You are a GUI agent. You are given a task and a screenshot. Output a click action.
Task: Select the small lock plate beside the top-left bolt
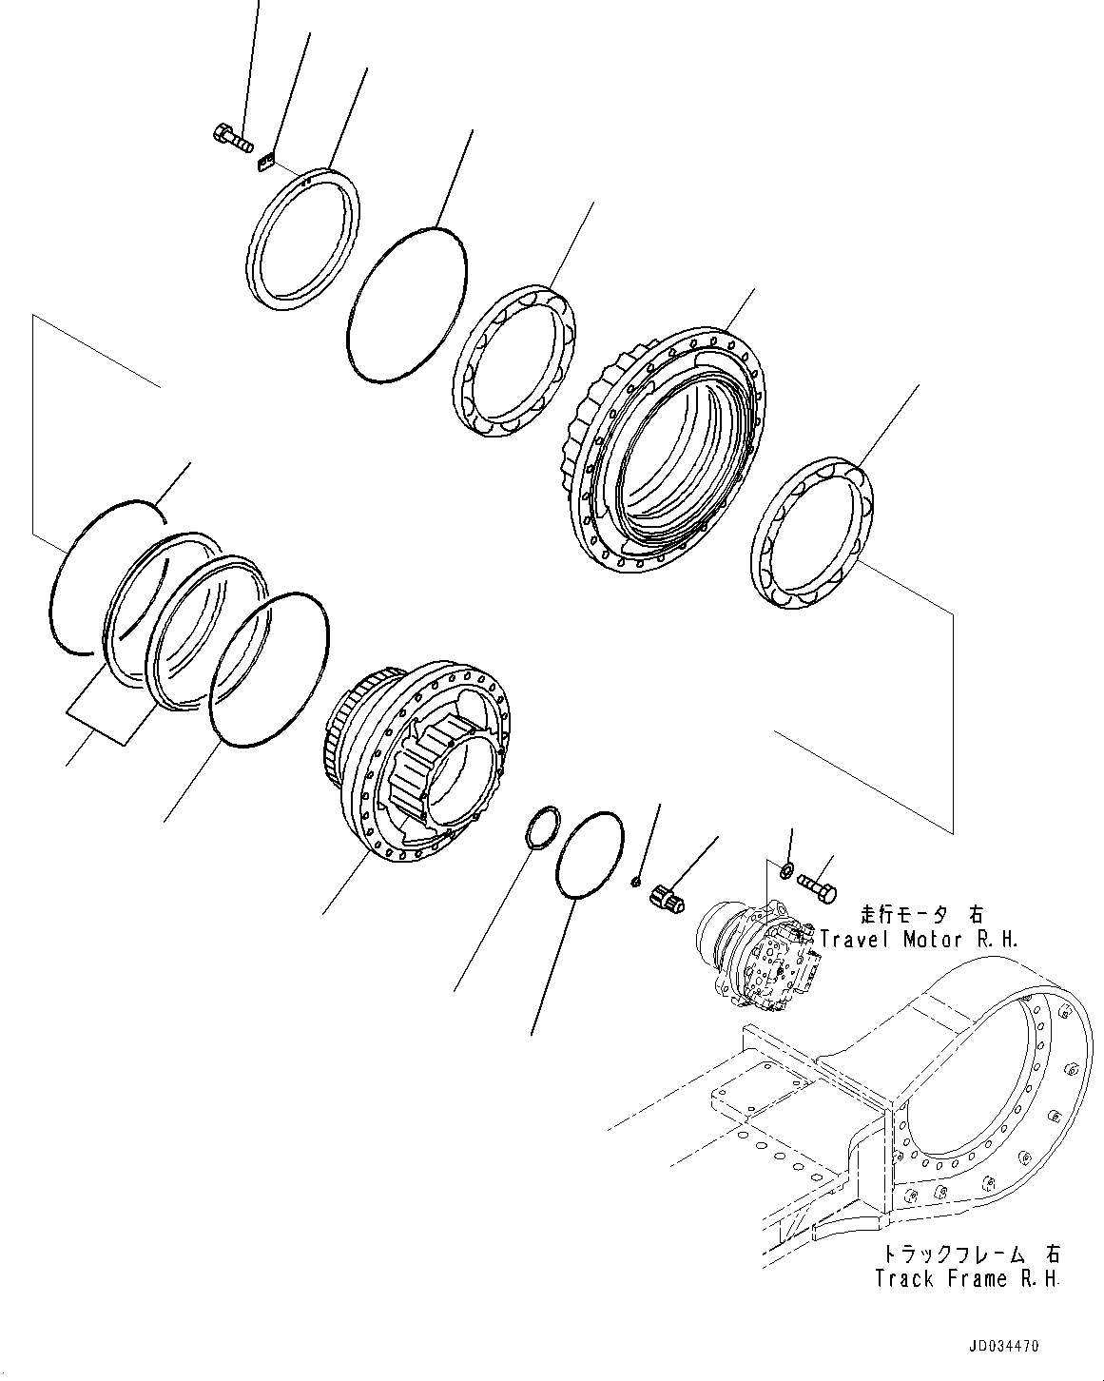coord(265,163)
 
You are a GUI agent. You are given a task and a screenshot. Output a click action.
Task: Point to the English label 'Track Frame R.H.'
coord(967,1279)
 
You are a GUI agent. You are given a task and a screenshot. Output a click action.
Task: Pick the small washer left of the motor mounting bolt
coord(786,870)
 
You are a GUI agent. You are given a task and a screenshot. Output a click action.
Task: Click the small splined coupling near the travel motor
coord(667,898)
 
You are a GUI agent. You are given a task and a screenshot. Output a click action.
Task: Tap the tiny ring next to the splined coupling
coord(635,883)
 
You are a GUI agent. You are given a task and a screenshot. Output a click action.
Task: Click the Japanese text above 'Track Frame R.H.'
coord(967,1254)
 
